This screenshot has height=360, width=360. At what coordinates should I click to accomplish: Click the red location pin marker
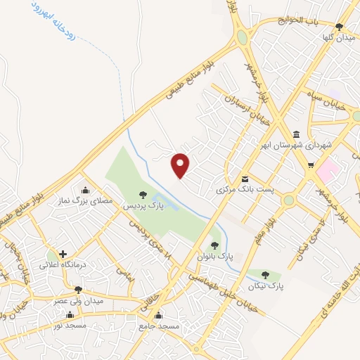click(x=181, y=165)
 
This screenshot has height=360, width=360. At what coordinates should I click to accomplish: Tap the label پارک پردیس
click(x=143, y=207)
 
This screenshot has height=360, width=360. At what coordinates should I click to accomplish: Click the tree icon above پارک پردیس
click(x=143, y=195)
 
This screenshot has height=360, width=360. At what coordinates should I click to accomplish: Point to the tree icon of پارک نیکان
click(x=265, y=274)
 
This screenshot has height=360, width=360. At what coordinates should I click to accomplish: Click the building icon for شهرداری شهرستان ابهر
click(x=296, y=134)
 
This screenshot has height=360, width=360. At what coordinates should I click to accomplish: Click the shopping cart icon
click(x=310, y=165)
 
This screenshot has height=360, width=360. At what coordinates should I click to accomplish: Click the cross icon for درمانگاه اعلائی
click(x=63, y=254)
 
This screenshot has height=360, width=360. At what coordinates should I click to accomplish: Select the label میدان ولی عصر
click(x=78, y=301)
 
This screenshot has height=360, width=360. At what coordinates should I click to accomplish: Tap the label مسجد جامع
click(x=158, y=326)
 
